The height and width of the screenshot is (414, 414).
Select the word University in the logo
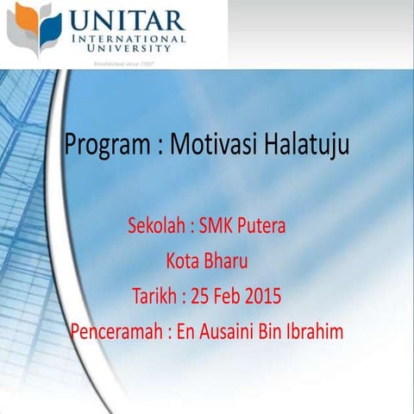tap(129, 49)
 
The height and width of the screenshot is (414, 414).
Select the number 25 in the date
tap(200, 297)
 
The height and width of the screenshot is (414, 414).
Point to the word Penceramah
tap(116, 331)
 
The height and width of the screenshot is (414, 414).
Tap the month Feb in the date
tap(229, 297)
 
